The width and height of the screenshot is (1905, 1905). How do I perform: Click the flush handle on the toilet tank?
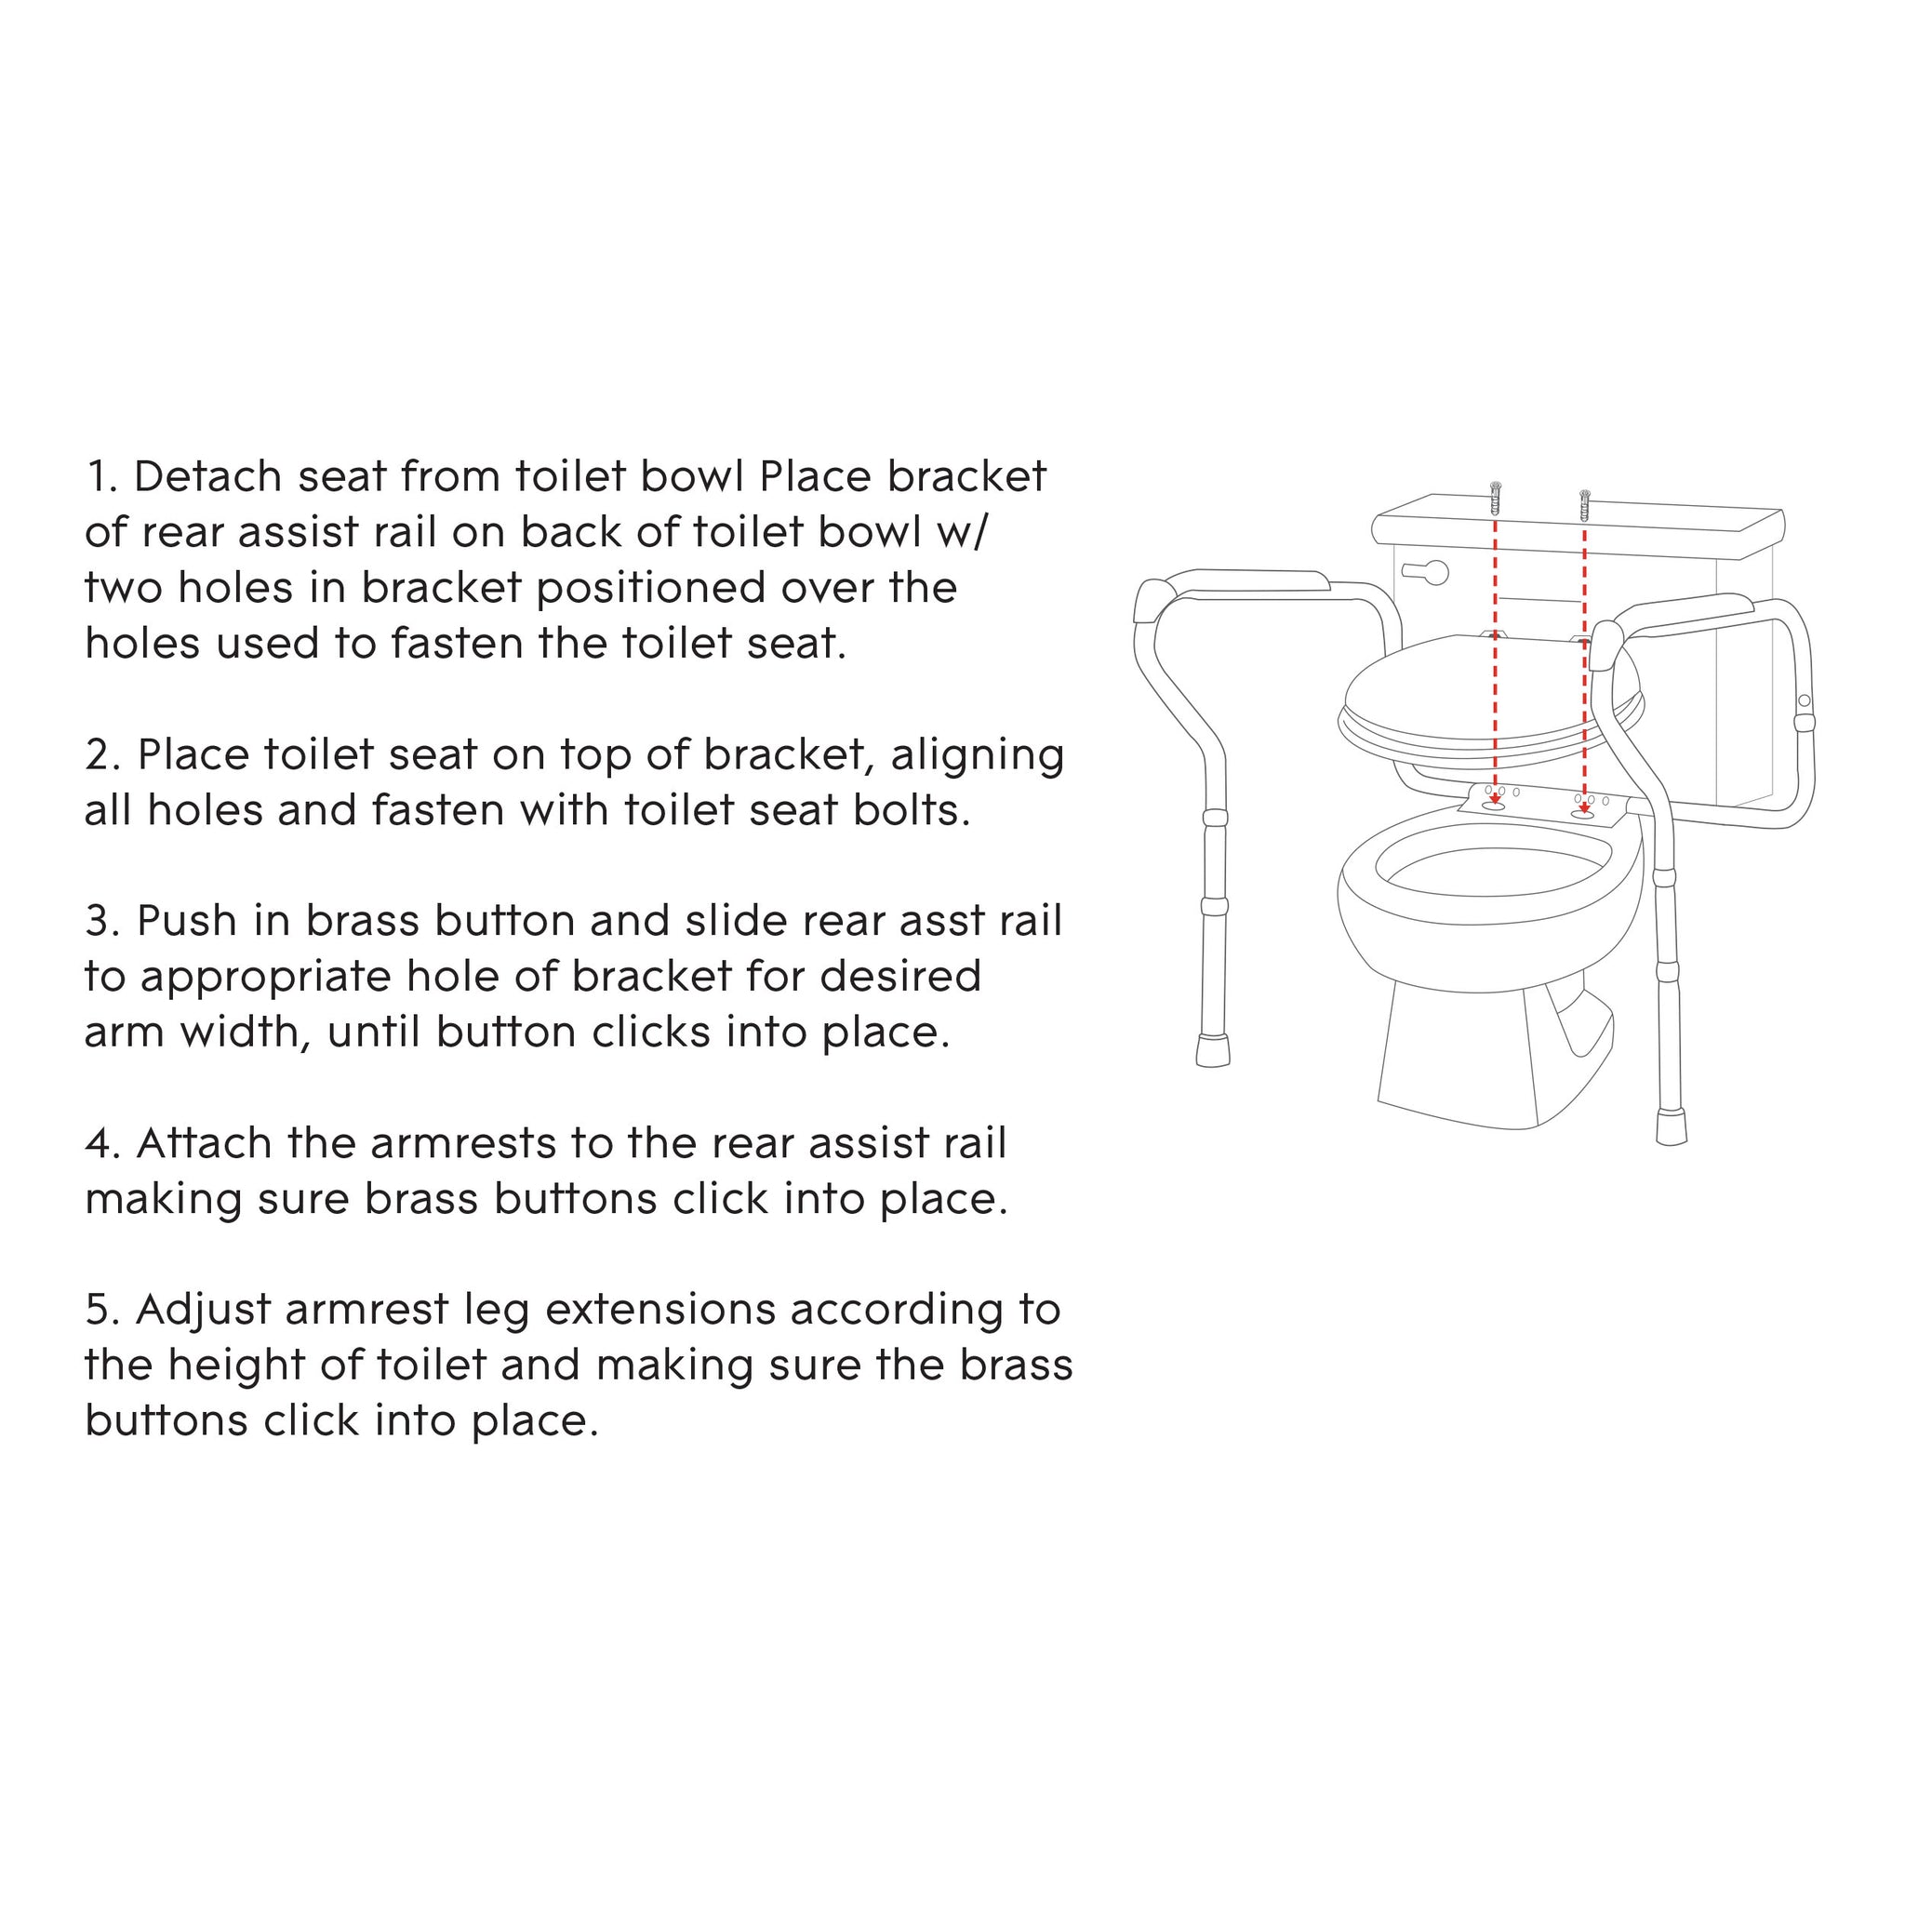click(x=1426, y=572)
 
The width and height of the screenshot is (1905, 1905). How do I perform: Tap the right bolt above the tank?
click(x=1584, y=506)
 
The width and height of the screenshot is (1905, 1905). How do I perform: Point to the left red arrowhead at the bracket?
click(x=1496, y=800)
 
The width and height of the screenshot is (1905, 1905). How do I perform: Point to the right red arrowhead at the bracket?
click(x=1584, y=809)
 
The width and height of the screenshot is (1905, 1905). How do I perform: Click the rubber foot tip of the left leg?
click(x=1214, y=1049)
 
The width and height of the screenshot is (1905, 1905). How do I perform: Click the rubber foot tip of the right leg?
click(x=1672, y=1127)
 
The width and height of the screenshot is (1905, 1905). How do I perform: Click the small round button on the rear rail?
click(x=1805, y=700)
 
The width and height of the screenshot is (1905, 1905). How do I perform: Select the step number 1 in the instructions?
click(x=101, y=476)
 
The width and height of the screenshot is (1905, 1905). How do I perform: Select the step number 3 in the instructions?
click(x=101, y=921)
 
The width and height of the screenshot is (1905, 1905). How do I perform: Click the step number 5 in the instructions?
click(x=101, y=1310)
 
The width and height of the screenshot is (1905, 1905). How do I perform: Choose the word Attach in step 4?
click(x=205, y=1143)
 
